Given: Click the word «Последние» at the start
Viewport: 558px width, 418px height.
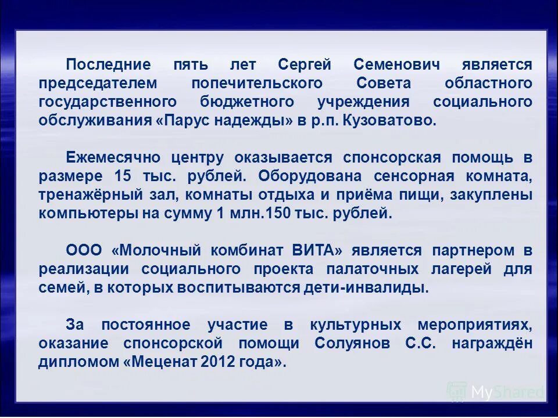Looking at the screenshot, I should click(108, 64).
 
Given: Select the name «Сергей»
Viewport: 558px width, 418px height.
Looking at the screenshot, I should click(304, 64).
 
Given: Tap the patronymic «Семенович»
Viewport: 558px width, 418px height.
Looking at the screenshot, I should click(396, 64).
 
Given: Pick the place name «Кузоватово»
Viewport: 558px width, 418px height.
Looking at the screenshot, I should click(389, 121).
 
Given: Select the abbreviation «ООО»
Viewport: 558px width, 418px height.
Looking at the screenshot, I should click(84, 251).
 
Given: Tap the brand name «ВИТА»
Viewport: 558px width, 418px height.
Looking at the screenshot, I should click(313, 251).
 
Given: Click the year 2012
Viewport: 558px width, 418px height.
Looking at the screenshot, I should click(219, 362).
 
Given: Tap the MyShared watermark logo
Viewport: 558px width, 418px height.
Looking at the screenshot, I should click(496, 392).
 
